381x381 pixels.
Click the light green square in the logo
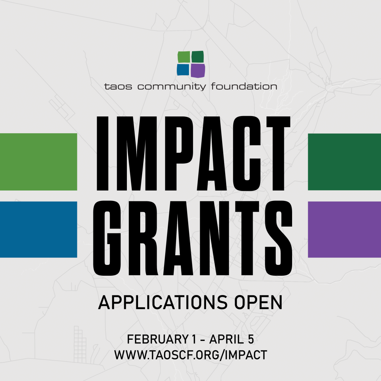click(x=184, y=57)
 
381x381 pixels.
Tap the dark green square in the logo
click(x=198, y=57)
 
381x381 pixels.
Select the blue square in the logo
click(x=183, y=70)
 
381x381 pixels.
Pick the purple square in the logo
click(x=198, y=70)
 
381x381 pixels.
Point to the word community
click(x=172, y=87)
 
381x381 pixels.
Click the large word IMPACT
click(x=193, y=153)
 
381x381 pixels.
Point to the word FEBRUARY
click(x=155, y=339)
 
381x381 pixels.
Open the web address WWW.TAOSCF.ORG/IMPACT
click(x=190, y=355)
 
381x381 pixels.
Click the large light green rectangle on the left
click(x=38, y=161)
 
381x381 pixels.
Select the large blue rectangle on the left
click(x=38, y=229)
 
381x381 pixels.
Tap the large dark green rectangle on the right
click(x=345, y=161)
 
